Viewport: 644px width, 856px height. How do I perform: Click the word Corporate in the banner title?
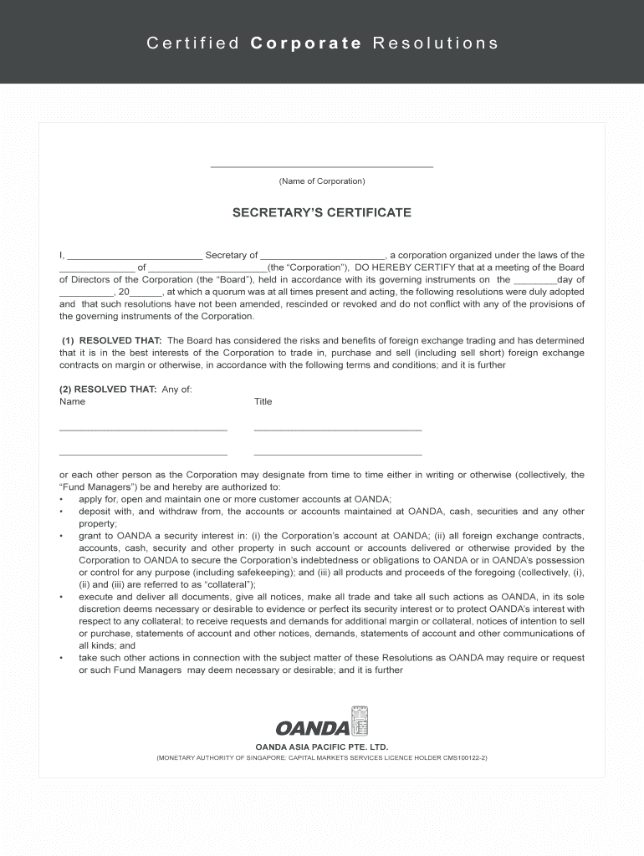305,43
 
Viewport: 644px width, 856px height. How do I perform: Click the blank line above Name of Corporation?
322,166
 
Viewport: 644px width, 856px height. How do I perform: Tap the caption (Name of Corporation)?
322,181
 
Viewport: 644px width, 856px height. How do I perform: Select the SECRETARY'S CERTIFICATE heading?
322,213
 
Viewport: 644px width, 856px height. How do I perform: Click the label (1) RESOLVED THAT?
113,341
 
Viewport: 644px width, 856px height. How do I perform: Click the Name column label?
73,402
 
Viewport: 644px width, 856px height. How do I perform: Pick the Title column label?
263,402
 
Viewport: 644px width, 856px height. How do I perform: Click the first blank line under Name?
143,430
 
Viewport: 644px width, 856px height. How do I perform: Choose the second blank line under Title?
338,454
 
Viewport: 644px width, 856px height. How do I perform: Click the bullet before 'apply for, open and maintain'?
62,500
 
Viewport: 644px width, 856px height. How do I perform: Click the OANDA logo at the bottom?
322,725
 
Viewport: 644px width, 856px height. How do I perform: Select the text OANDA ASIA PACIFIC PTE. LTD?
322,746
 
